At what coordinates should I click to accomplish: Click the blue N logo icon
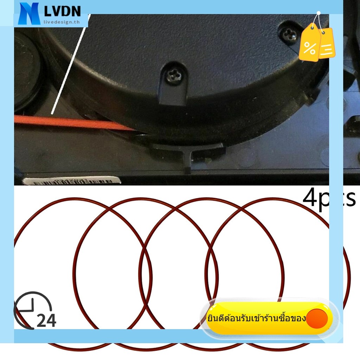coord(30,14)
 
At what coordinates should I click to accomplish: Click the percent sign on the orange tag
coord(310,48)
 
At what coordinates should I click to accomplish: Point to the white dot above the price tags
coord(319,13)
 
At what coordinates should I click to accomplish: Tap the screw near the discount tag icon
coord(289,34)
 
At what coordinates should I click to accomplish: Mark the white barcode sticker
coord(72,181)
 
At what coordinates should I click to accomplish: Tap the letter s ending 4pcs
coord(351,199)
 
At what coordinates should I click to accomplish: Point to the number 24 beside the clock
coord(46,320)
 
